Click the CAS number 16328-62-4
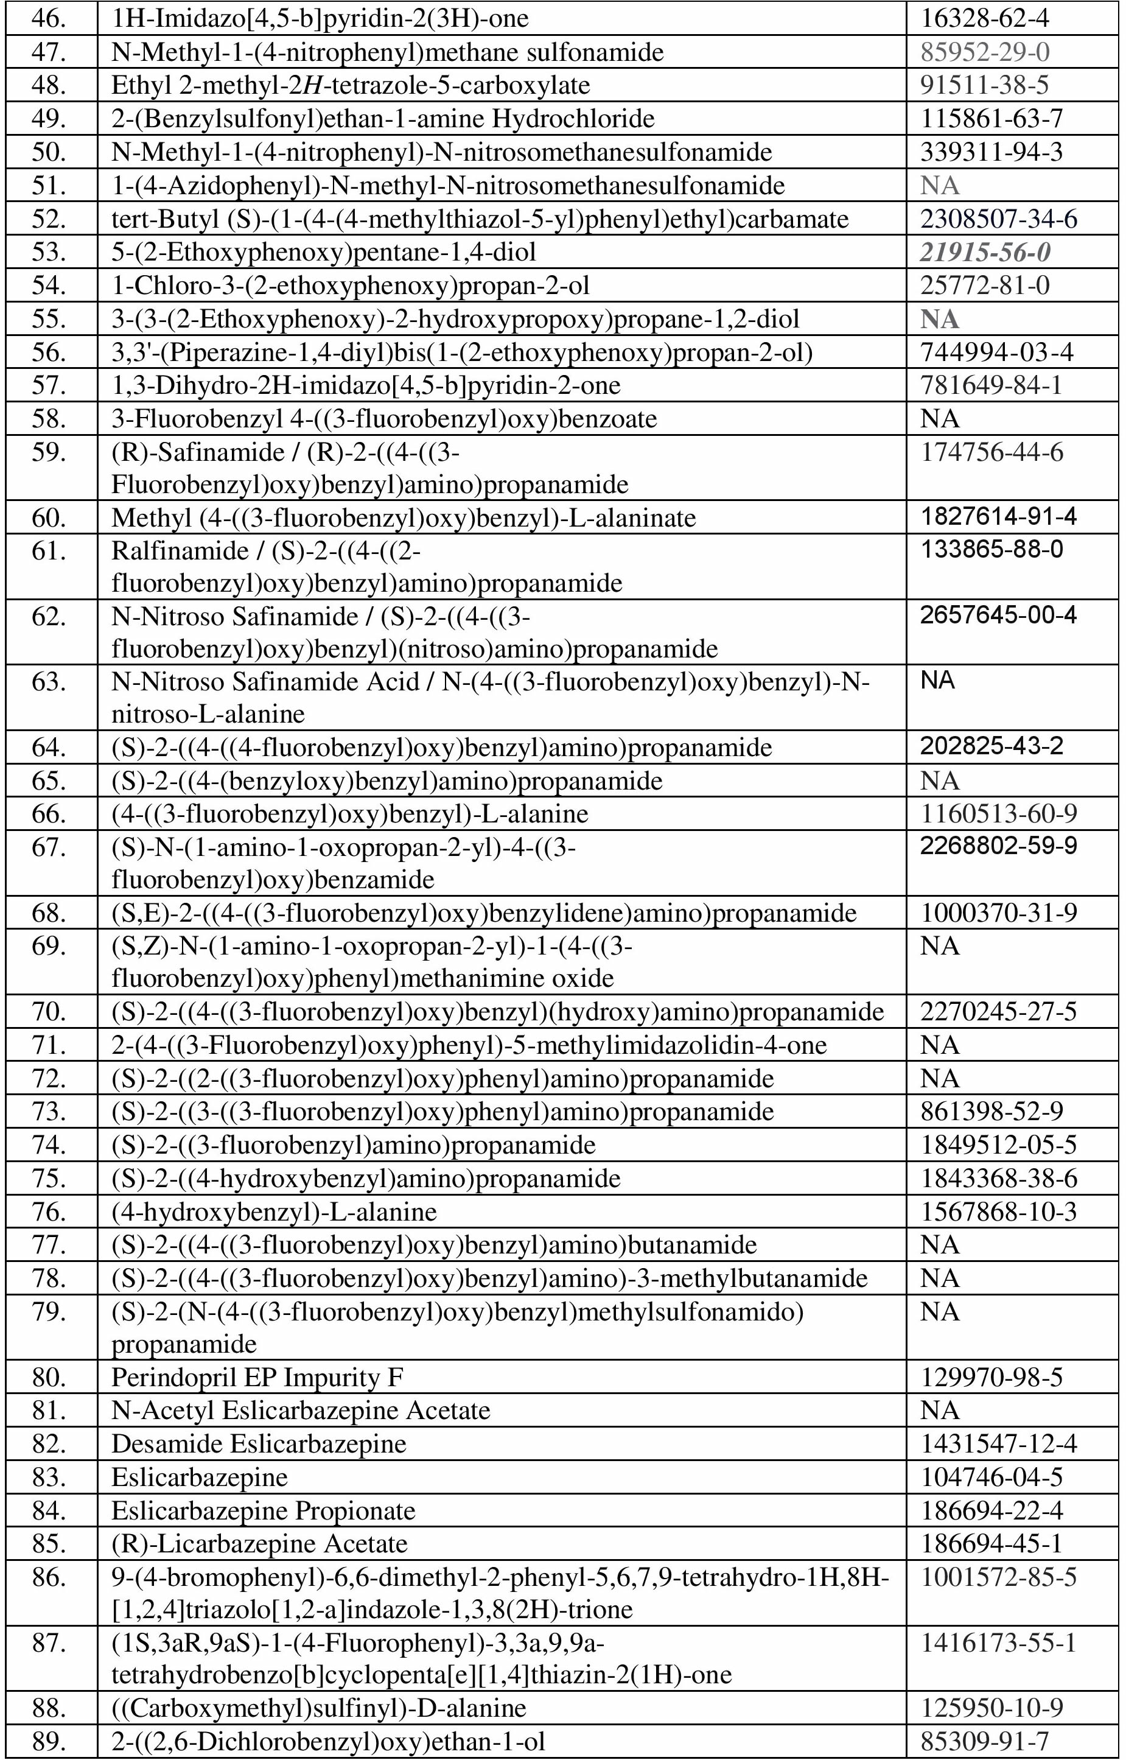984,18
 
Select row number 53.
49,252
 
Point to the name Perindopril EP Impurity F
257,1377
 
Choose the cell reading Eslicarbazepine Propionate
263,1510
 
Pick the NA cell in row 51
940,186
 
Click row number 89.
49,1741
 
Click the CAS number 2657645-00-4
998,615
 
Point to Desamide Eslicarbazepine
259,1443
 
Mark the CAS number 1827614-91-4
998,517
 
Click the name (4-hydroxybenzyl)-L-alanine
274,1211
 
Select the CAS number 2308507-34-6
999,219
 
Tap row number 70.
49,1012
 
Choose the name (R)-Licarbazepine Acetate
259,1543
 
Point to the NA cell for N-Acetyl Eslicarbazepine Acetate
940,1410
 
